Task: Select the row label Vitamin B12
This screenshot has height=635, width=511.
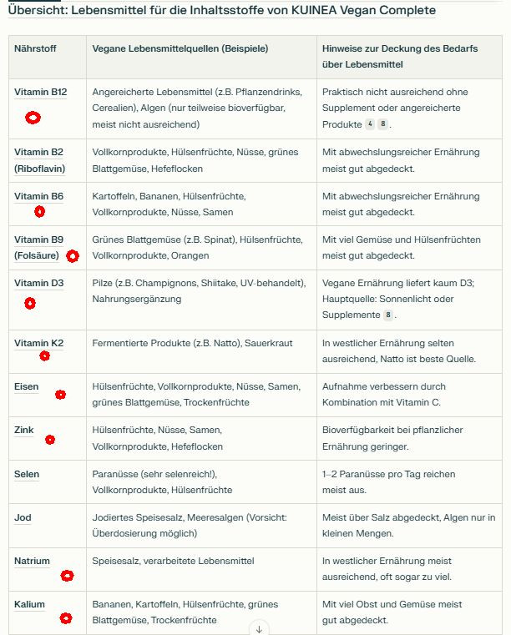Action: [40, 92]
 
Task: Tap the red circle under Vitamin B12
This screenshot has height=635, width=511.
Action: [33, 118]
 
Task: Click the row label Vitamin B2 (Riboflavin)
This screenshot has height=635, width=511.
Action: [39, 160]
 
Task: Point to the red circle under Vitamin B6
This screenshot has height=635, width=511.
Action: [39, 212]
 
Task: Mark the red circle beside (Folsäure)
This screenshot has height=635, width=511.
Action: [73, 256]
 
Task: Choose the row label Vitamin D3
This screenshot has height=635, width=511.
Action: [38, 283]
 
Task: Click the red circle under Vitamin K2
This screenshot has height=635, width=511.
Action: [45, 355]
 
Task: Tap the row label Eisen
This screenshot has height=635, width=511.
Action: [26, 386]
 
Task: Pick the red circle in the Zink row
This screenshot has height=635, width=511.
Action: [50, 440]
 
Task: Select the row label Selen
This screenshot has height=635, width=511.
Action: [27, 474]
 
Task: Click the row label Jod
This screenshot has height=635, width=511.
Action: [23, 517]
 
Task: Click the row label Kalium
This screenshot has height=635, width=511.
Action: [29, 604]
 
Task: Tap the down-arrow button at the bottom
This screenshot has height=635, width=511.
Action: [259, 628]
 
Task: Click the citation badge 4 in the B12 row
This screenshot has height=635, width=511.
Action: [370, 124]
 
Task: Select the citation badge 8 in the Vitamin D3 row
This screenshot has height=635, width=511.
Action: [387, 315]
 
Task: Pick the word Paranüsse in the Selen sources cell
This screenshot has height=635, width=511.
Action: [116, 474]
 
